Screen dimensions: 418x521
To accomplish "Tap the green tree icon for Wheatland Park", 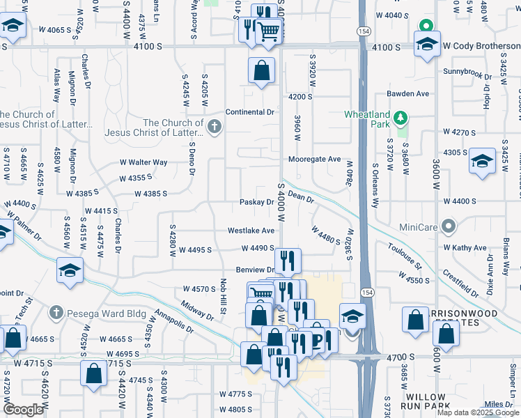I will pyautogui.click(x=401, y=118).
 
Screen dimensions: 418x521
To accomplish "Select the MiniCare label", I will pyautogui.click(x=418, y=227).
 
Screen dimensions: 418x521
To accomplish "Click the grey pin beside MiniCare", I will pyautogui.click(x=449, y=226).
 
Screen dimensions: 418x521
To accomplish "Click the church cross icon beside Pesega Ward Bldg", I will pyautogui.click(x=57, y=313).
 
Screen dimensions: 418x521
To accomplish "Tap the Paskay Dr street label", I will pyautogui.click(x=256, y=202).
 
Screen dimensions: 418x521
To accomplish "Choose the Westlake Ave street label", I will pyautogui.click(x=251, y=231).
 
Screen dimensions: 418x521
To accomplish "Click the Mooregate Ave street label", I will pyautogui.click(x=316, y=159).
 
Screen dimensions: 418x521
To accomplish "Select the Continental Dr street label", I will pyautogui.click(x=251, y=111).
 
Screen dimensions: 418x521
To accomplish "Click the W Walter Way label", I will pyautogui.click(x=143, y=162).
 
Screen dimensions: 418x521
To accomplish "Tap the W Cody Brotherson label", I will pyautogui.click(x=481, y=46).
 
